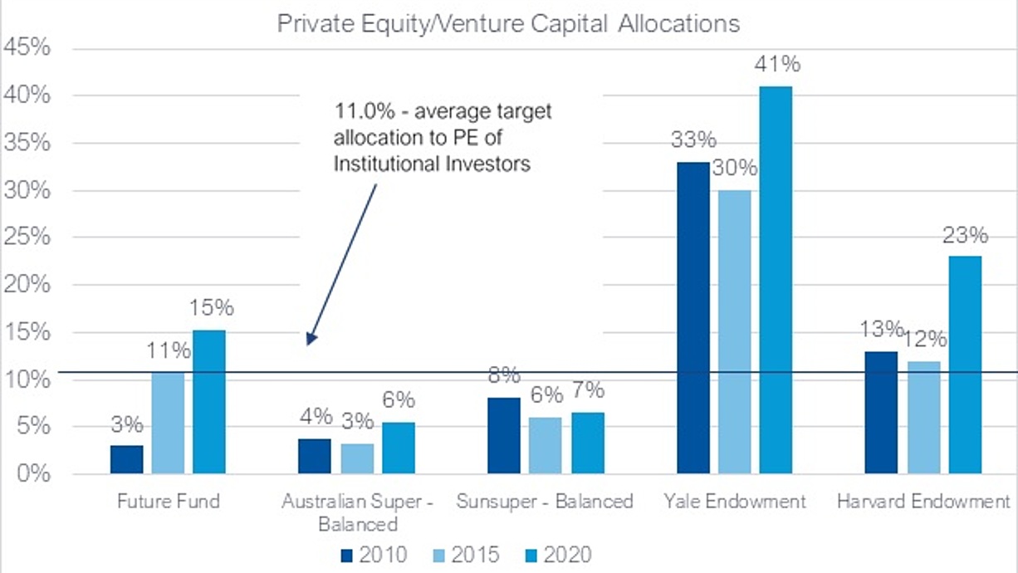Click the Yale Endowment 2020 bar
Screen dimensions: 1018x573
(776, 280)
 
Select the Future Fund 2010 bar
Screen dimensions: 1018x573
(127, 459)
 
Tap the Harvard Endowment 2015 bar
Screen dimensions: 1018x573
(924, 418)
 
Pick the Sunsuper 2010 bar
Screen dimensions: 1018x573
(504, 436)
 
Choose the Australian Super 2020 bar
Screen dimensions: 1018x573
(399, 448)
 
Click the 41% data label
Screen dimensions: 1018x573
(777, 64)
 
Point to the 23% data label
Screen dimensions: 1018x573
(966, 235)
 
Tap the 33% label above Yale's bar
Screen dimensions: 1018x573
(693, 139)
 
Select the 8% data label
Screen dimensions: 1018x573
(504, 375)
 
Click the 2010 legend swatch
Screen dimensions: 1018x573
(347, 556)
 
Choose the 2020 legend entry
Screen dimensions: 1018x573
(559, 555)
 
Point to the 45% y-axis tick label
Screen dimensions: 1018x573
(27, 47)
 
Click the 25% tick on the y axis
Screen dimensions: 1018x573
(27, 237)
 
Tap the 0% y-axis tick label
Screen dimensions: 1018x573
(34, 473)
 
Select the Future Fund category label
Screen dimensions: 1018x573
(169, 502)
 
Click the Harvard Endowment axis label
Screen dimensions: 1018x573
(923, 502)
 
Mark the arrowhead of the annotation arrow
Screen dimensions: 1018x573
(311, 339)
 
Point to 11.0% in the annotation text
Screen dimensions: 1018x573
(365, 111)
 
